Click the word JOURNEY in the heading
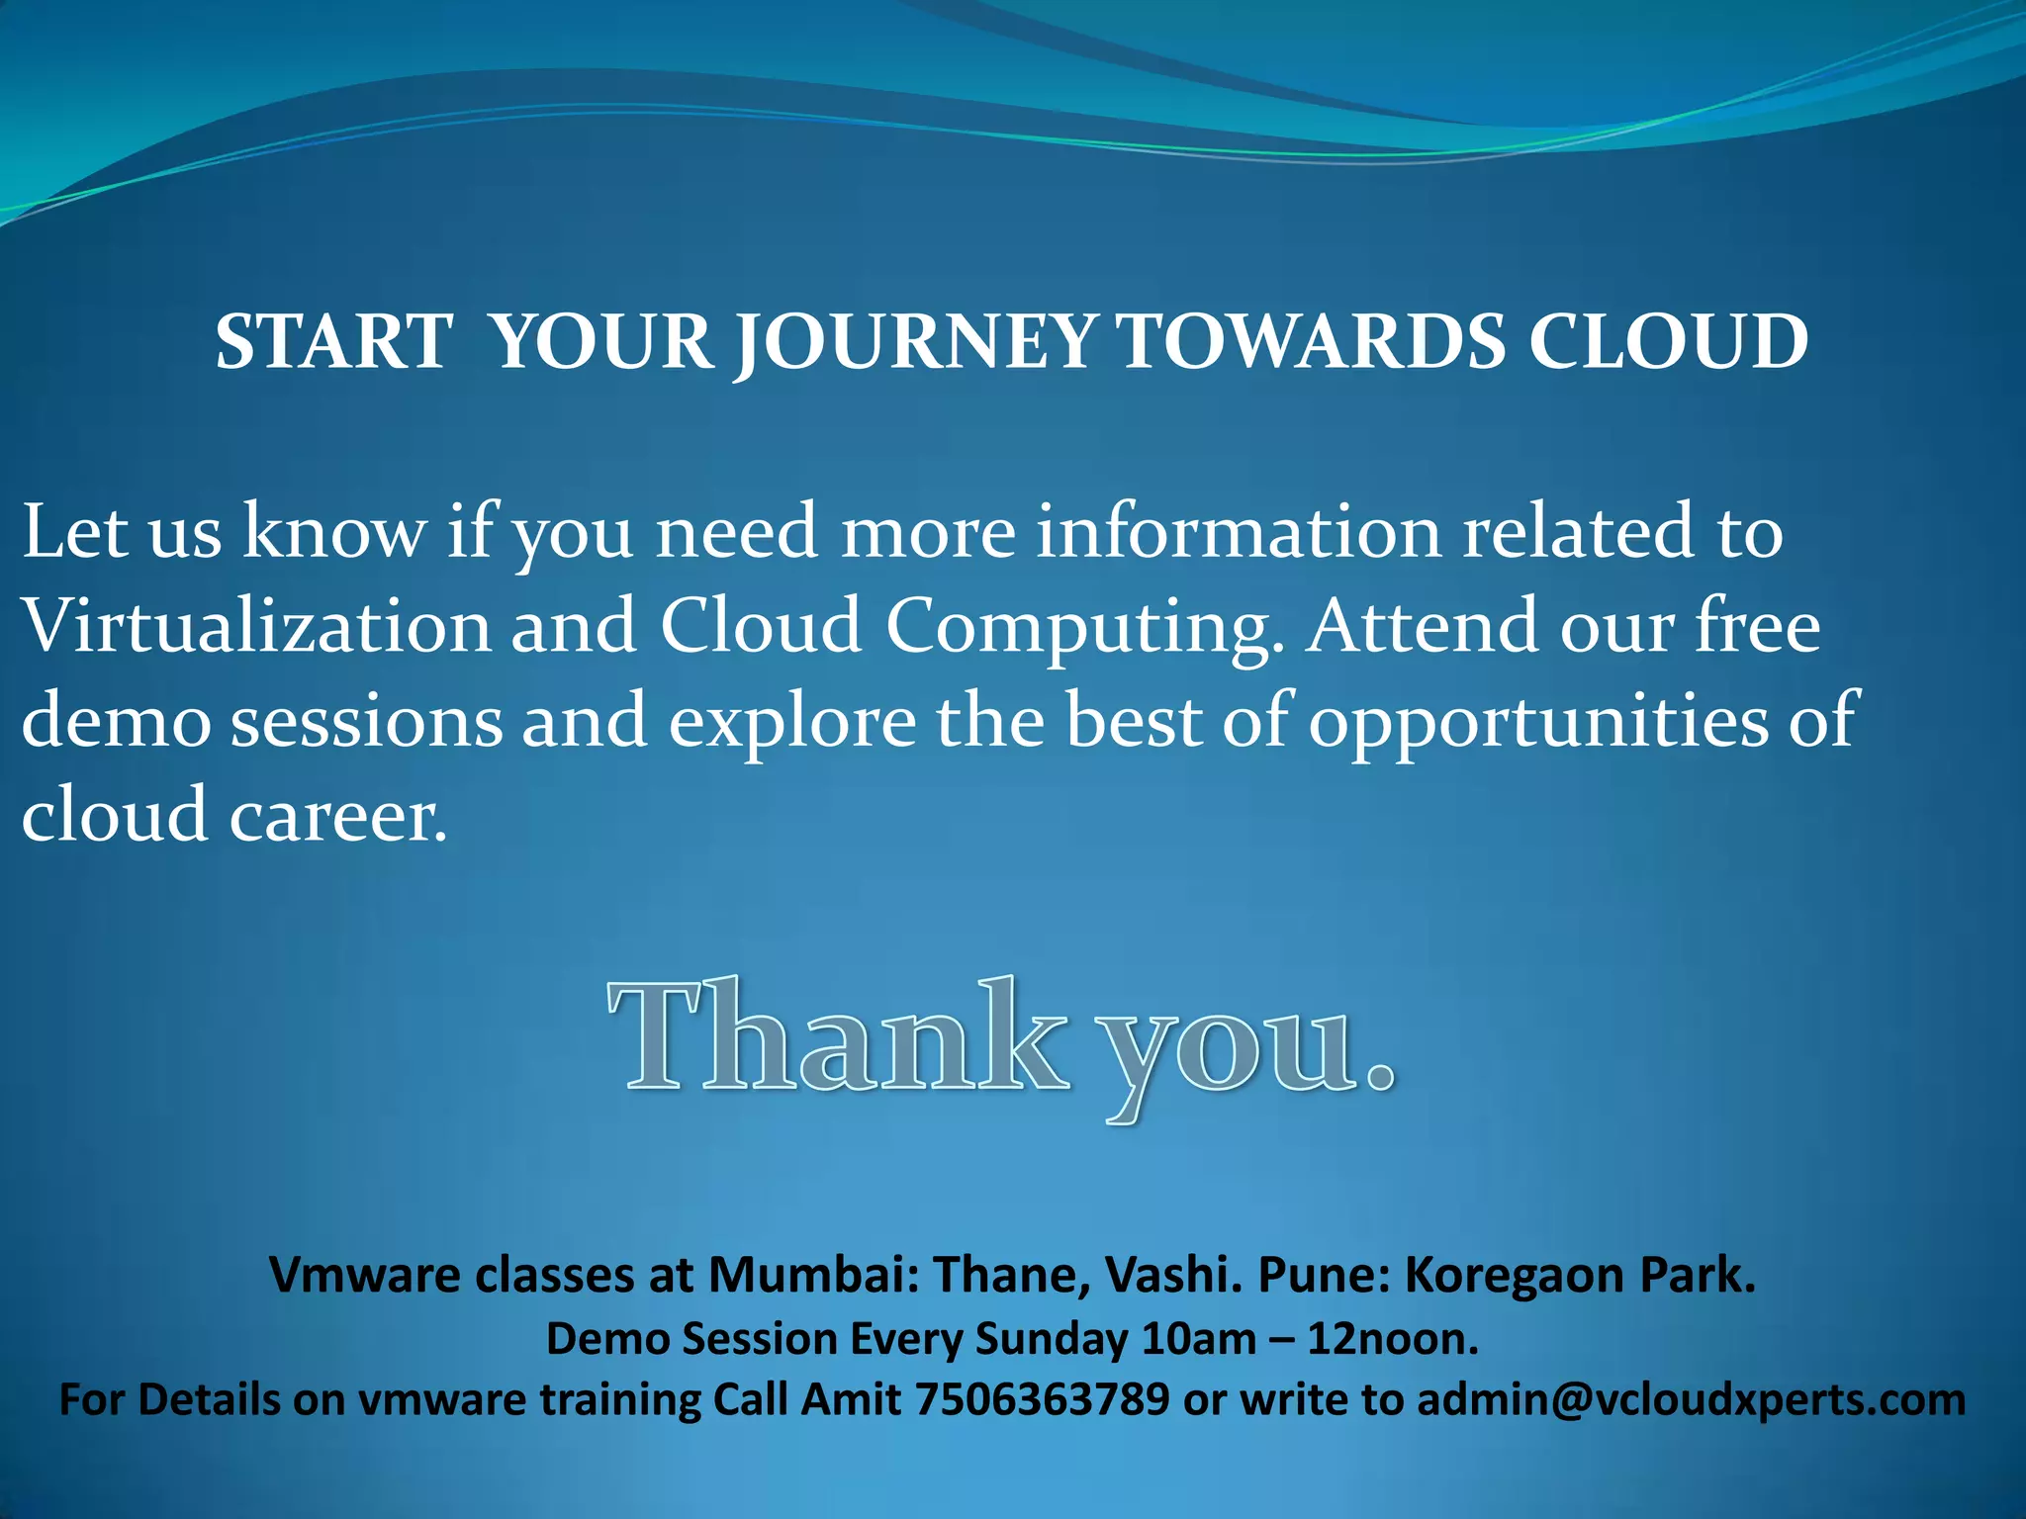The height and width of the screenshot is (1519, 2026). [915, 342]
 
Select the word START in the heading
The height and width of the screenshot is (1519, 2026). [334, 342]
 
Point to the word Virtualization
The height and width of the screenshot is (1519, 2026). [256, 626]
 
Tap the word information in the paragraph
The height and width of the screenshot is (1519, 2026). [1239, 531]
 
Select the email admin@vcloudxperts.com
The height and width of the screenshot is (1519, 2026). [1691, 1400]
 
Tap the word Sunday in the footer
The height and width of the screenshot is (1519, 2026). [1051, 1340]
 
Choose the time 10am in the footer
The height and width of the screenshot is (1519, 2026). [1197, 1339]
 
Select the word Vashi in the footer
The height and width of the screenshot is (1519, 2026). [1171, 1276]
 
